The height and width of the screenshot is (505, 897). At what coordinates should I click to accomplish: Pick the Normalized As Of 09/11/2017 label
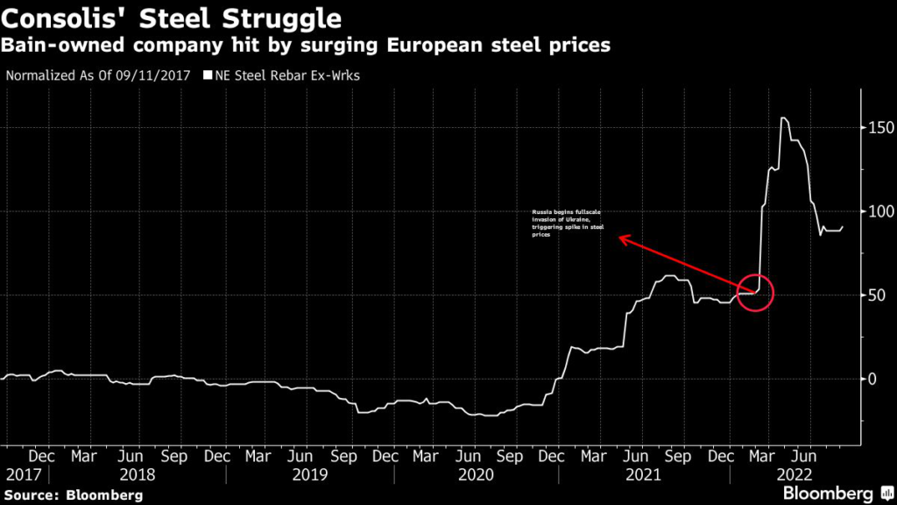coord(102,75)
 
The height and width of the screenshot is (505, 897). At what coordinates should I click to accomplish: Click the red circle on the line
coord(756,292)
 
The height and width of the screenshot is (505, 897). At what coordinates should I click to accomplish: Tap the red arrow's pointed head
coord(621,236)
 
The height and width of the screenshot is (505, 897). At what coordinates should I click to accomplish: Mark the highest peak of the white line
coord(782,117)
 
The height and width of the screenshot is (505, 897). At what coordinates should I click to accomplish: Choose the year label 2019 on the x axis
coord(310,474)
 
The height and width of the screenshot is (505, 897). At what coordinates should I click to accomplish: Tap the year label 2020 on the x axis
coord(477,474)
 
